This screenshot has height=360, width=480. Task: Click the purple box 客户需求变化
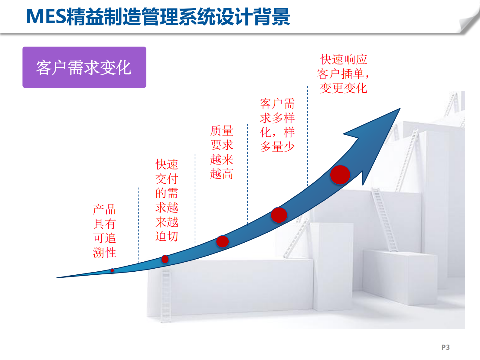click(84, 67)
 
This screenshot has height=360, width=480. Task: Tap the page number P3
click(445, 347)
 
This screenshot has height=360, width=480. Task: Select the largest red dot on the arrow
click(340, 175)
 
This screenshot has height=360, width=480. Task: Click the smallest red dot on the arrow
click(112, 270)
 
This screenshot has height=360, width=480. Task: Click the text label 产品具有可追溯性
click(104, 231)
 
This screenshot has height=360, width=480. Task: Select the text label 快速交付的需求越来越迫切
click(167, 200)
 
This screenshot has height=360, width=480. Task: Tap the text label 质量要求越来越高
click(222, 152)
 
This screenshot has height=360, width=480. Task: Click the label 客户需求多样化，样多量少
click(277, 125)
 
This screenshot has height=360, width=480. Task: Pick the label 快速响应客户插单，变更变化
click(343, 74)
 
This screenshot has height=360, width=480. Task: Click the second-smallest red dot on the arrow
click(165, 259)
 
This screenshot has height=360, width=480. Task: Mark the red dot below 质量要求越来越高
click(222, 241)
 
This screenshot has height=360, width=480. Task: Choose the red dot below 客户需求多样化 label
click(279, 215)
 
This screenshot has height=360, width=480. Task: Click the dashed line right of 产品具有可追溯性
click(139, 224)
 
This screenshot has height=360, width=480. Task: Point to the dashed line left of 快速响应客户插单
click(308, 136)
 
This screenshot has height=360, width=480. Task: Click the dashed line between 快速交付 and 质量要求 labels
click(195, 200)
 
